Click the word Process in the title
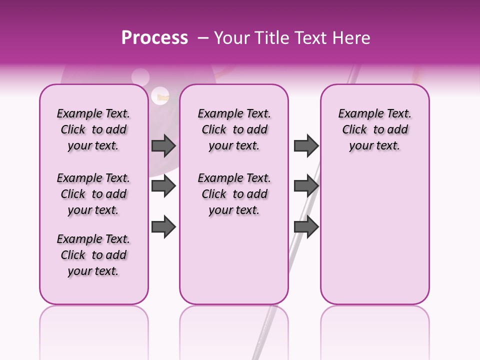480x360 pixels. pos(154,38)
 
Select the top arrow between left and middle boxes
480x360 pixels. pos(163,145)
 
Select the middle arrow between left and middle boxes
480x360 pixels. pos(163,186)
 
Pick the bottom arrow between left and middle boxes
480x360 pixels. pos(163,226)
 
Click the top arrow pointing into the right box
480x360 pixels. pos(306,145)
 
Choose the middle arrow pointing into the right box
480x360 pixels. pos(306,186)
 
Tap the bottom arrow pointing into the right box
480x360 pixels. pos(306,226)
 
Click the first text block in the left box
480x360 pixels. pos(93,129)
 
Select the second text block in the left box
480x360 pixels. pos(93,194)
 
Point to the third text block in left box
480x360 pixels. pos(93,255)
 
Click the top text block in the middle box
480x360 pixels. pos(234,129)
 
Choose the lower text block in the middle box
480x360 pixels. pos(234,194)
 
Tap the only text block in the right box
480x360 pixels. pos(374,129)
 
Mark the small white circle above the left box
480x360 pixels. pos(140,76)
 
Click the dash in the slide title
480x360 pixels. pos(203,38)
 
